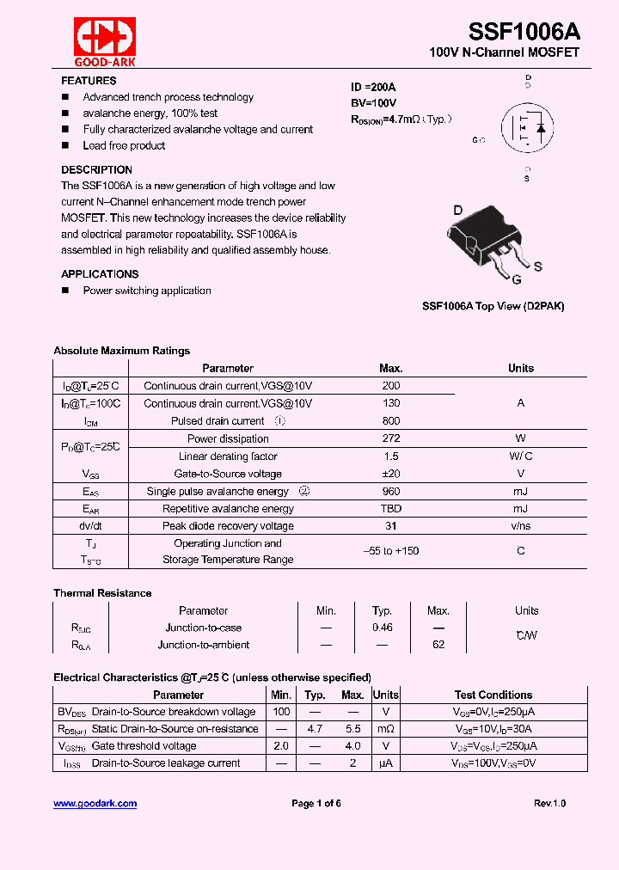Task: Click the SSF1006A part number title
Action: tap(524, 32)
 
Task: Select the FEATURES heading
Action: tap(89, 81)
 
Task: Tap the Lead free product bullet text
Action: tap(124, 145)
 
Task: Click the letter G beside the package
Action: tap(516, 279)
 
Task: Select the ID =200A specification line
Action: tap(373, 88)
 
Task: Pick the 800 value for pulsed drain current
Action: tap(390, 421)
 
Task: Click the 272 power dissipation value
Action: tap(390, 438)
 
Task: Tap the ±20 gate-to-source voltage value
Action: tap(390, 474)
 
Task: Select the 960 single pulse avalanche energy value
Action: tap(390, 492)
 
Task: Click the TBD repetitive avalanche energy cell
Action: tap(390, 509)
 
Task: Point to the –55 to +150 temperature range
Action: tap(390, 551)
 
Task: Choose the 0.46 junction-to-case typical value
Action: tap(382, 628)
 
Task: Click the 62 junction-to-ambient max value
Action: tap(438, 645)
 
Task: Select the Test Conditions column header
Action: tap(493, 695)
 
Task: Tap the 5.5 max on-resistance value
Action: tap(352, 729)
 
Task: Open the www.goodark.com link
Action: tap(95, 804)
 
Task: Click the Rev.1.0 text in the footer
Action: tap(549, 804)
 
